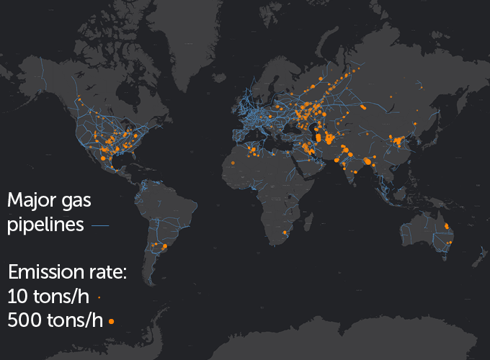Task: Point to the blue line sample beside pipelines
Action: coord(100,226)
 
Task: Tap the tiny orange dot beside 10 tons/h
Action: coord(99,297)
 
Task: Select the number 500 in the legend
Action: coord(23,320)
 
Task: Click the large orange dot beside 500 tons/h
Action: coord(111,321)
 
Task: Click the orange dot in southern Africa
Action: coord(287,233)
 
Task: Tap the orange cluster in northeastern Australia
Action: coord(447,227)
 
